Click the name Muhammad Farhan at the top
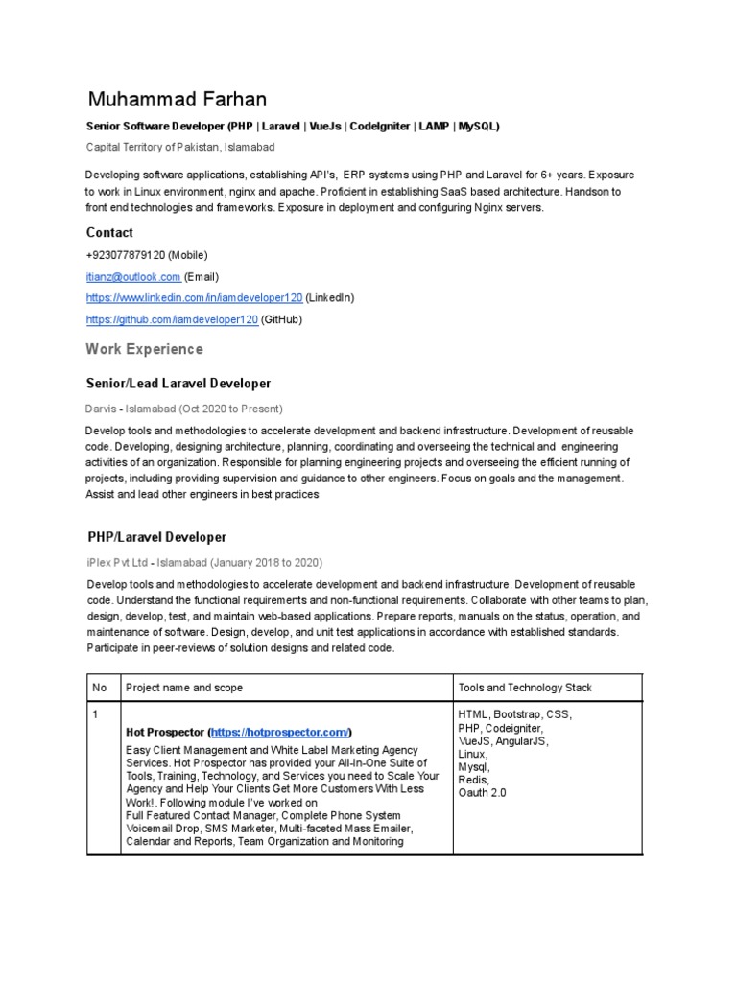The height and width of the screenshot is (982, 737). (x=178, y=100)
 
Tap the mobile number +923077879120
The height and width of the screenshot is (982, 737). (x=126, y=255)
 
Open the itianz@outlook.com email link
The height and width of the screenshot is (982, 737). (x=132, y=276)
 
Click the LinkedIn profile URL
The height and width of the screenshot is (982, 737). (x=194, y=298)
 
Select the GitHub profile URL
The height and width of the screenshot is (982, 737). (x=172, y=319)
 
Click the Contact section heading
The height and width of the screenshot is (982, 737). (x=109, y=232)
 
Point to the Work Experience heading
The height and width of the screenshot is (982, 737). (x=144, y=349)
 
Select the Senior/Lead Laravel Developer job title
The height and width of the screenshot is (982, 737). (x=179, y=384)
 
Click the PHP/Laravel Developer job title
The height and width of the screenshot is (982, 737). (x=157, y=537)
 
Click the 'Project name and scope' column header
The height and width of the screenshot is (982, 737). (x=184, y=688)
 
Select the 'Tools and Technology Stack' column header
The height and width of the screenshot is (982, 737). (x=525, y=688)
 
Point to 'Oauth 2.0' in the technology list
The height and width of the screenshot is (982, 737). (x=483, y=793)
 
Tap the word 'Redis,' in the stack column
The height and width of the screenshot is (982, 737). (x=474, y=780)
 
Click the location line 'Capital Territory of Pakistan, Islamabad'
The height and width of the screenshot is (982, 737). (x=180, y=147)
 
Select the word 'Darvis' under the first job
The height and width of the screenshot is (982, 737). (x=104, y=409)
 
